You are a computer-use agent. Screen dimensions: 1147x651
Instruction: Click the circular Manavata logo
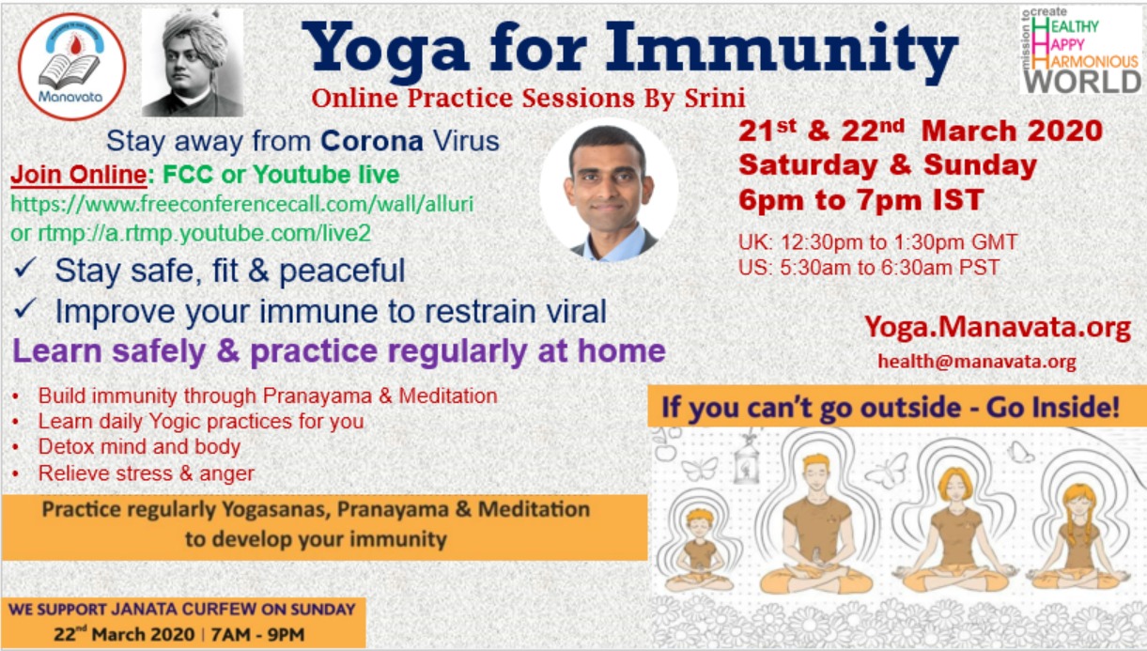coord(72,67)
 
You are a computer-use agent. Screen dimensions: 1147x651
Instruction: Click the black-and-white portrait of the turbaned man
coord(193,63)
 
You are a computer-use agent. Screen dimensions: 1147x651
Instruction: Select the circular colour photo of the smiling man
coord(610,191)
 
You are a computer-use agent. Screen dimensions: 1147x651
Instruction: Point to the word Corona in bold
coord(372,141)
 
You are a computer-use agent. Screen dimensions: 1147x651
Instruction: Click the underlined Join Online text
coord(79,175)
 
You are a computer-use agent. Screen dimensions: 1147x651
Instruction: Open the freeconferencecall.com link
coord(241,204)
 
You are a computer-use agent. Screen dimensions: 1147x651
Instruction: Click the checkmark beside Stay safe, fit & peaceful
coord(25,268)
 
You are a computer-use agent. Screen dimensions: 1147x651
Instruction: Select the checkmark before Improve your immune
coord(25,308)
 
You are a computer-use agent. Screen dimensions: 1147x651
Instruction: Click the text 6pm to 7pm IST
coord(861,200)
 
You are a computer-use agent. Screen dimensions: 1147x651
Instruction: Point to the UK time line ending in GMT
coord(877,241)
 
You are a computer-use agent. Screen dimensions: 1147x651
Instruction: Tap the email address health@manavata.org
coord(977,361)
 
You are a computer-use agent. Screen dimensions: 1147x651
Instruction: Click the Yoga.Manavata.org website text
coord(998,327)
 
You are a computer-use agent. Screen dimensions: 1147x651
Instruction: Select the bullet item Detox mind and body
coord(139,446)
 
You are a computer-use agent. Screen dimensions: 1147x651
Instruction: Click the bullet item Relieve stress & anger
coord(147,473)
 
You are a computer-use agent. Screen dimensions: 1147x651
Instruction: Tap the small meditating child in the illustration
coord(700,550)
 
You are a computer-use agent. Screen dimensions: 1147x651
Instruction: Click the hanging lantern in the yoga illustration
coord(747,461)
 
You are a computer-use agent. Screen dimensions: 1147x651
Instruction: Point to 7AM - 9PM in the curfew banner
coord(257,635)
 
